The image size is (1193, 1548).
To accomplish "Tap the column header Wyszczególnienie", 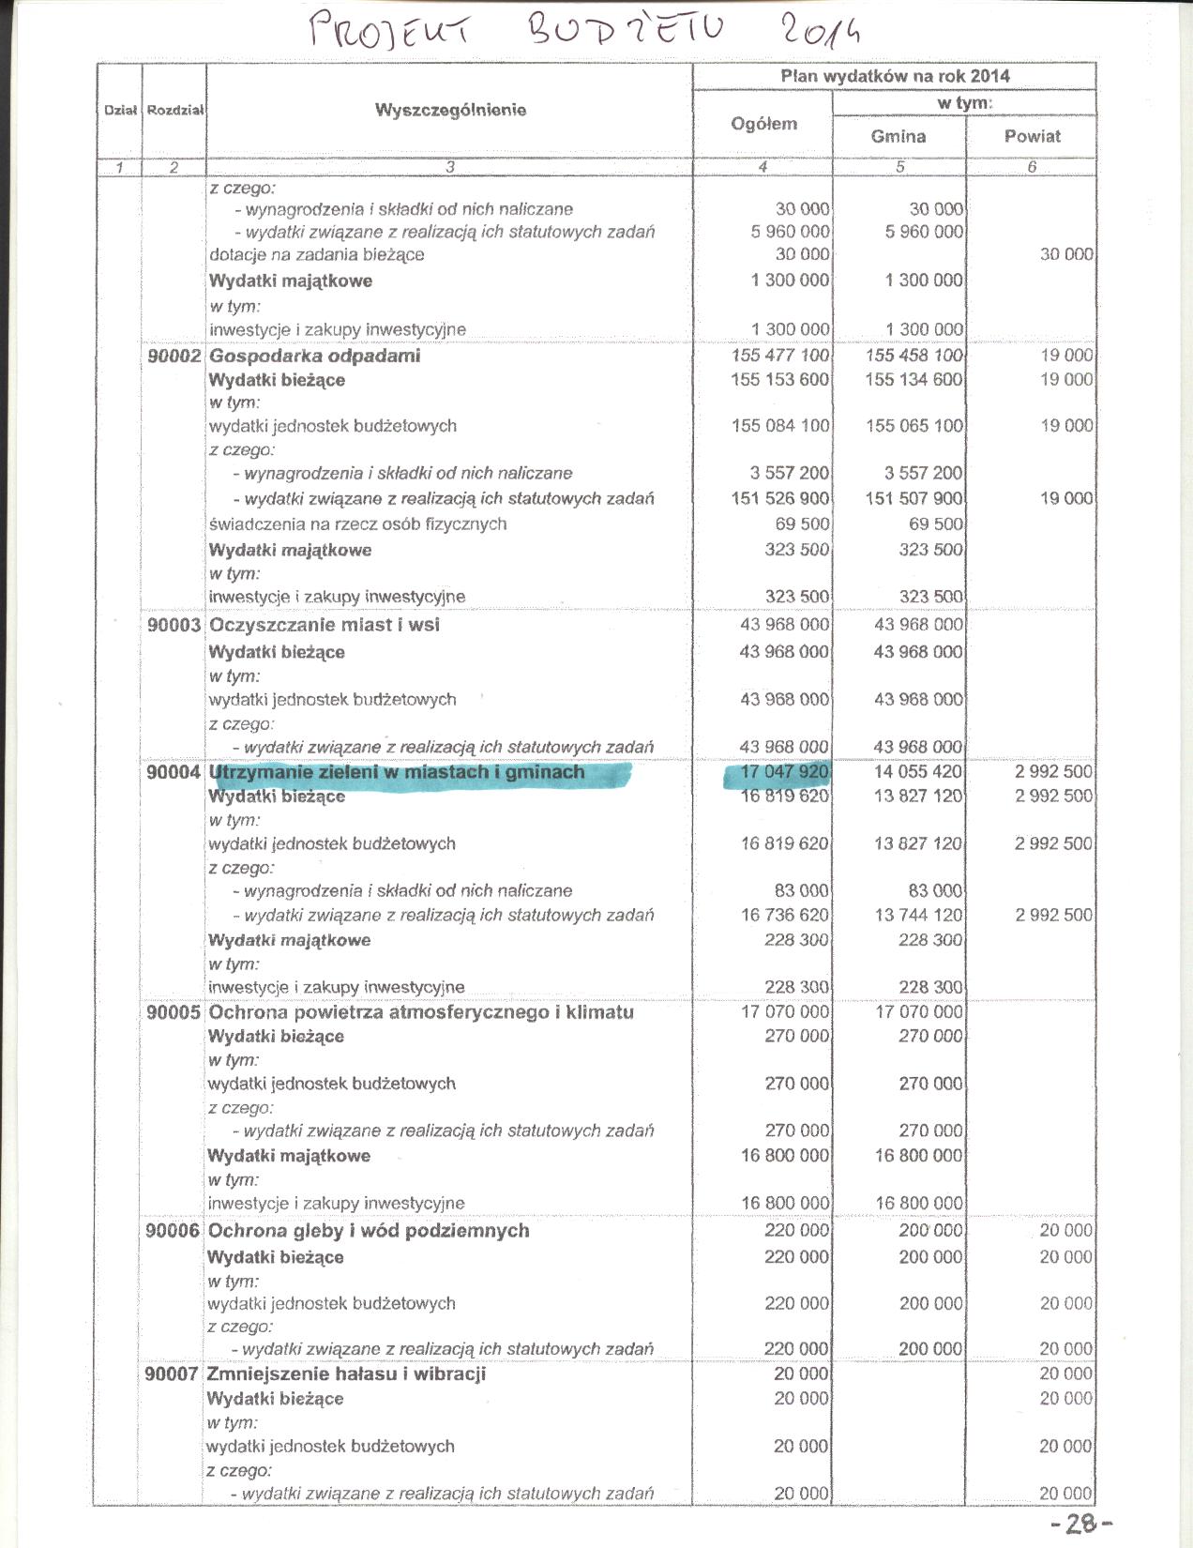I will click(450, 110).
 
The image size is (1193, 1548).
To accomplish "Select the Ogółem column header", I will click(763, 123).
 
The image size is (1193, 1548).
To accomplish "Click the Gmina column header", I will click(898, 136).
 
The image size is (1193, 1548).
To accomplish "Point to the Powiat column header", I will click(1032, 136).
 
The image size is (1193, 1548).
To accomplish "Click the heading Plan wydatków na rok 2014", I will click(895, 76).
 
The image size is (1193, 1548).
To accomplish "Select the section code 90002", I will click(174, 356).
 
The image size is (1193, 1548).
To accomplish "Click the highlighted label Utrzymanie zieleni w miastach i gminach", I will click(397, 772).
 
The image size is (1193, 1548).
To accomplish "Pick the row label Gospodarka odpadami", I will click(315, 356).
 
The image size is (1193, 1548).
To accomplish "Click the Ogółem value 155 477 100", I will click(780, 356).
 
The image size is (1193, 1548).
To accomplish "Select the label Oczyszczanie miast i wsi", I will click(325, 625).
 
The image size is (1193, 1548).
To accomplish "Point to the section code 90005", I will click(174, 1012).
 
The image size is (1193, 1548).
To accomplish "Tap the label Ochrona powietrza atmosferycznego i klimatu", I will click(421, 1012).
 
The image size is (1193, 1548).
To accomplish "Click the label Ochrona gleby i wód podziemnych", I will click(369, 1230).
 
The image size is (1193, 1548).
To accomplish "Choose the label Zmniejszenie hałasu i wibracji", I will click(346, 1373).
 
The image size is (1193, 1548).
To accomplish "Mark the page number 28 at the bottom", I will click(1081, 1525).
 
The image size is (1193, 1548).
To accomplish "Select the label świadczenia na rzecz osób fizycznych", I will click(357, 524).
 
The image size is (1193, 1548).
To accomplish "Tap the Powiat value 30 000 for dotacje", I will click(1066, 254).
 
